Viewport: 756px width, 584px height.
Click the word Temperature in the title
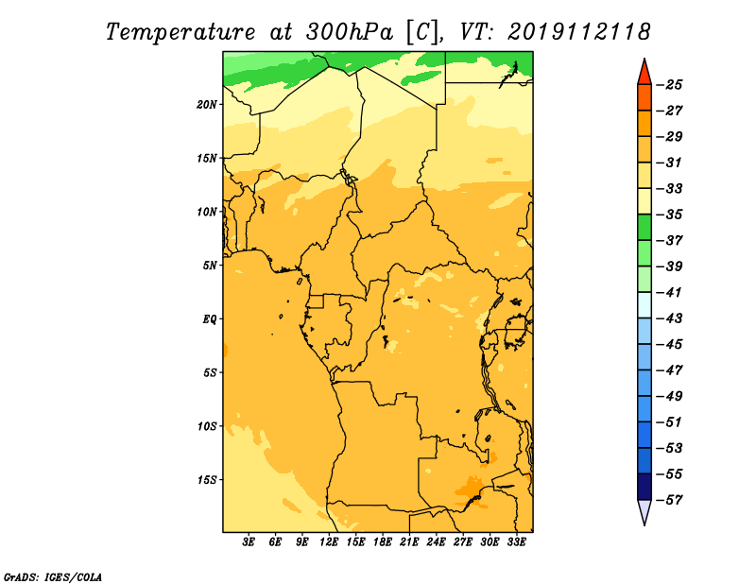180,32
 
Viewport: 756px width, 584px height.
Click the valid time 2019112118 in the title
579,32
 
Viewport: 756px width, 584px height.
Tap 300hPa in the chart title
350,32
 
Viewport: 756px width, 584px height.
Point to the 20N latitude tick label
207,105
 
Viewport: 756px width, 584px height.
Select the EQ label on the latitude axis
209,319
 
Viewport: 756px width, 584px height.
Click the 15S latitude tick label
207,480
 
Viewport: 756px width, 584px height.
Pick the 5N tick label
210,266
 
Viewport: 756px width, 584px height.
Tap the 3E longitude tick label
249,541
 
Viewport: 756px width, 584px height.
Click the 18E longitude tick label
383,541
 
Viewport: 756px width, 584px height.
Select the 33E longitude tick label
516,541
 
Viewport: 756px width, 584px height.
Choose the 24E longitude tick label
436,541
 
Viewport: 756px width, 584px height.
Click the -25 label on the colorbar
670,85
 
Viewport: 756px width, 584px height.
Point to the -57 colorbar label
670,500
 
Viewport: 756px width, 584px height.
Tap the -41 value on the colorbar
670,293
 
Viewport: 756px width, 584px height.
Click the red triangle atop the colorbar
644,73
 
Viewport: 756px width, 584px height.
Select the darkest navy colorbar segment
644,487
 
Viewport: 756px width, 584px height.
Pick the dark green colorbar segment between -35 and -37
644,228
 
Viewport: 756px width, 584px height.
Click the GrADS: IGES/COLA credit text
53,577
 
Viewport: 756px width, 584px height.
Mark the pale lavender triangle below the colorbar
644,511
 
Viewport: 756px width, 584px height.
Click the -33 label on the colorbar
670,189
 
